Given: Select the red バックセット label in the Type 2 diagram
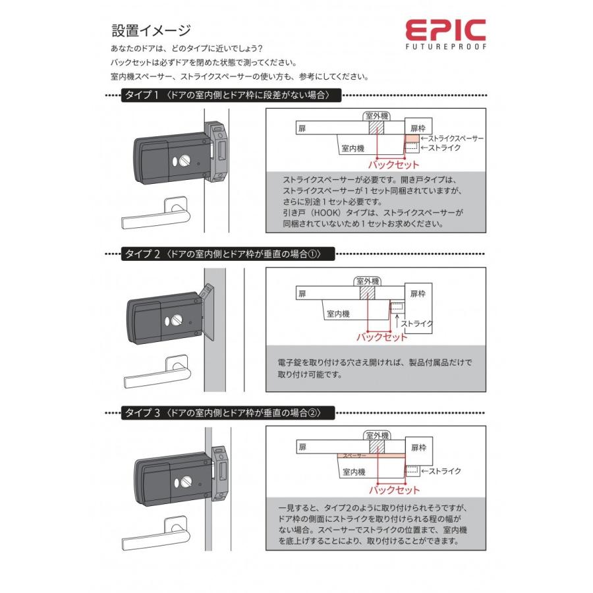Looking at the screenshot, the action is point(381,337).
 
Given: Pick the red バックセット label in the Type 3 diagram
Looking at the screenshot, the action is point(393,490).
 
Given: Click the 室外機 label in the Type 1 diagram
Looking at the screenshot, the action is point(376,116).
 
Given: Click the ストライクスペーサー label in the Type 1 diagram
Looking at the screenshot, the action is point(455,138).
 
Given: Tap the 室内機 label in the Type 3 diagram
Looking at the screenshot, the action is point(354,472).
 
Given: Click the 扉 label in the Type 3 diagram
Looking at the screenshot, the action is point(302,447).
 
